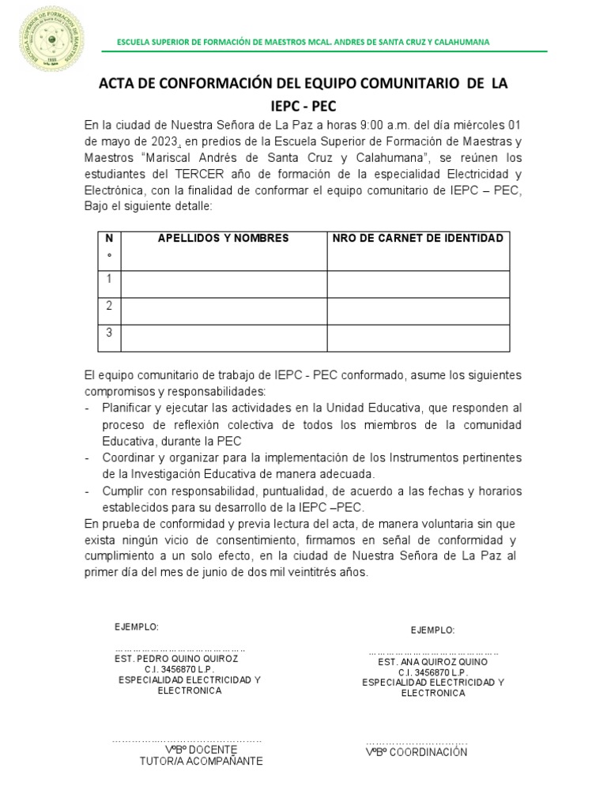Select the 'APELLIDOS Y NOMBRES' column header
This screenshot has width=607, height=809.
[x=223, y=239]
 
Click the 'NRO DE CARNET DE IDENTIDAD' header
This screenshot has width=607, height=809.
[x=418, y=239]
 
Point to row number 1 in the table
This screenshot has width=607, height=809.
[x=108, y=279]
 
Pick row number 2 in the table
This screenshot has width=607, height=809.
[x=108, y=306]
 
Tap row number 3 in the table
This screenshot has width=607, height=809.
[x=108, y=333]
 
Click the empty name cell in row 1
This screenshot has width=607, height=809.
[x=223, y=284]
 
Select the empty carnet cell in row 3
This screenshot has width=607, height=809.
[x=418, y=337]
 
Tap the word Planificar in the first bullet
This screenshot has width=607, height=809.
[x=129, y=408]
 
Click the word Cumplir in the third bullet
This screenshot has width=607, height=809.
[x=123, y=491]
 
